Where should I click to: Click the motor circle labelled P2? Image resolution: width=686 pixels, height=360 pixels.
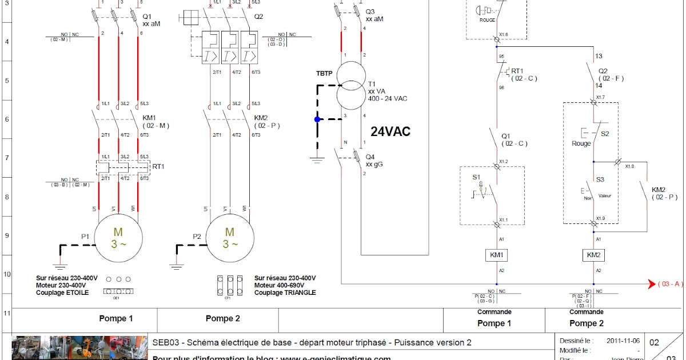229,238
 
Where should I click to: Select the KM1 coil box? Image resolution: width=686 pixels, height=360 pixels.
496,255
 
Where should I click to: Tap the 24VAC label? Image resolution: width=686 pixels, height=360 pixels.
390,132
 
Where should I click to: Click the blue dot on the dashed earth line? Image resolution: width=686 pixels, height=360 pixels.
317,119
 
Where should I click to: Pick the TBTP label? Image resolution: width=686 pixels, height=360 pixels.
325,74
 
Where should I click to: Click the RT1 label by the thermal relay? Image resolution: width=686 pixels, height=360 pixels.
158,167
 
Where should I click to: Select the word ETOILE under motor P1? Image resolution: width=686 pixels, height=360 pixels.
77,293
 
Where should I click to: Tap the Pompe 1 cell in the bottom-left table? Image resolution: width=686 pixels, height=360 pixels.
116,319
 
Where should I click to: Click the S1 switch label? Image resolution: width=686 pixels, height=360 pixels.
476,178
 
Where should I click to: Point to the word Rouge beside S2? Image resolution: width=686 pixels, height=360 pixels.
581,143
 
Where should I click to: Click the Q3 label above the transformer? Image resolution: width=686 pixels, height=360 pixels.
370,11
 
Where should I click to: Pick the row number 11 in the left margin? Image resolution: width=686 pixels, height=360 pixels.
7,313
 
